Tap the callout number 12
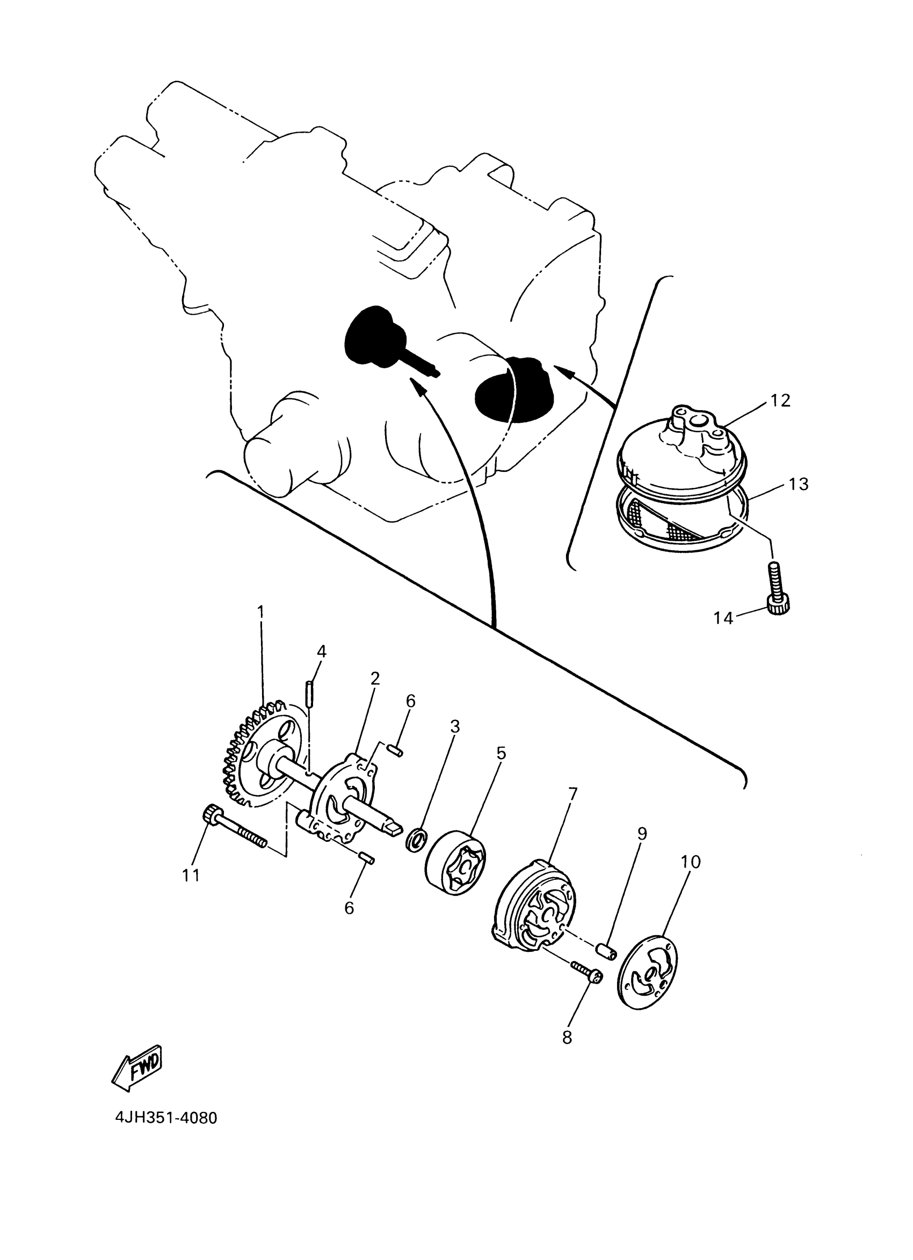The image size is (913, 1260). (x=780, y=400)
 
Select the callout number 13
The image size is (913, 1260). (x=799, y=484)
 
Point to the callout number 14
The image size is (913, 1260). (x=723, y=618)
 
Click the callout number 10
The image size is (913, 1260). (x=691, y=862)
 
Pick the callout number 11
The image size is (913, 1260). (x=191, y=875)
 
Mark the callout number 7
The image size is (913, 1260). (x=573, y=793)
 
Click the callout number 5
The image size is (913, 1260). (x=501, y=753)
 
